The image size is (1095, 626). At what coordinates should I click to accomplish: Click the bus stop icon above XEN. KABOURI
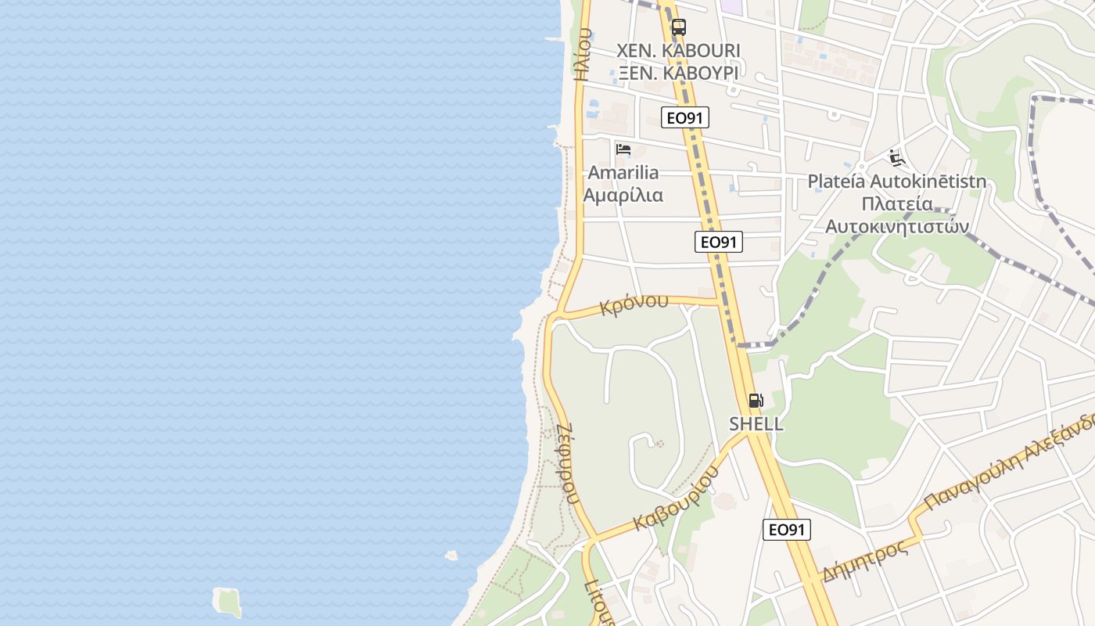click(x=678, y=27)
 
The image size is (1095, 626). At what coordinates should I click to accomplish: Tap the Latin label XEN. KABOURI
click(x=678, y=51)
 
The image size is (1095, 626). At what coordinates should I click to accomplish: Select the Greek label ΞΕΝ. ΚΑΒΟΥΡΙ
click(x=678, y=73)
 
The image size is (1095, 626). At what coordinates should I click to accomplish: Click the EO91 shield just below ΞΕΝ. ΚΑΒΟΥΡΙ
click(x=684, y=117)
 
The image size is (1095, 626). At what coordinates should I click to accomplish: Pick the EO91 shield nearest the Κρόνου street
click(x=718, y=242)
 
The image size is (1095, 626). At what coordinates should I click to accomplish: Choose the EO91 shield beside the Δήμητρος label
click(x=786, y=530)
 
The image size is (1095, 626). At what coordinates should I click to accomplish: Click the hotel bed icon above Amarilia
click(x=623, y=149)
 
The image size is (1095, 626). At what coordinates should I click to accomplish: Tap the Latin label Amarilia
click(x=623, y=172)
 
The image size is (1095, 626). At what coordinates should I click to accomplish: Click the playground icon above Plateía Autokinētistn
click(x=897, y=158)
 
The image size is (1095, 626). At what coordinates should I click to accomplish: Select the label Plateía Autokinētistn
click(x=896, y=182)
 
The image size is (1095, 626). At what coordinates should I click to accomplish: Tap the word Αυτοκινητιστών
click(x=897, y=226)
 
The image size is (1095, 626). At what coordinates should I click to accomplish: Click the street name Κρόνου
click(x=634, y=304)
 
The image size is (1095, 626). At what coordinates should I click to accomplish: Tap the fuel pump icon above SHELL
click(x=756, y=401)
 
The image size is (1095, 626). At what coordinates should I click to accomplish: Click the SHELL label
click(x=756, y=423)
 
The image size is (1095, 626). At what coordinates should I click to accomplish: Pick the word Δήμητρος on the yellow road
click(x=865, y=559)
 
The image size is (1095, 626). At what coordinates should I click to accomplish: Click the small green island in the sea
click(x=227, y=601)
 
